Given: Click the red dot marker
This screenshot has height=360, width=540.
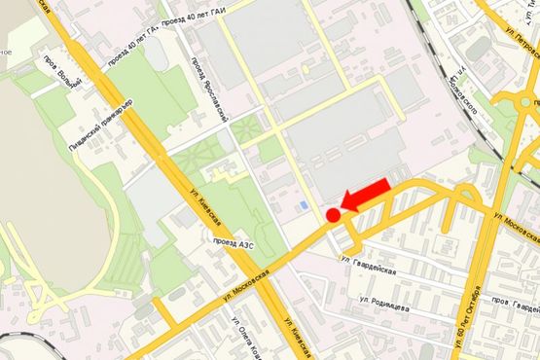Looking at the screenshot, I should point(332,215).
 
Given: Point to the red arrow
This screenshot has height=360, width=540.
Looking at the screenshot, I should point(366,198).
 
